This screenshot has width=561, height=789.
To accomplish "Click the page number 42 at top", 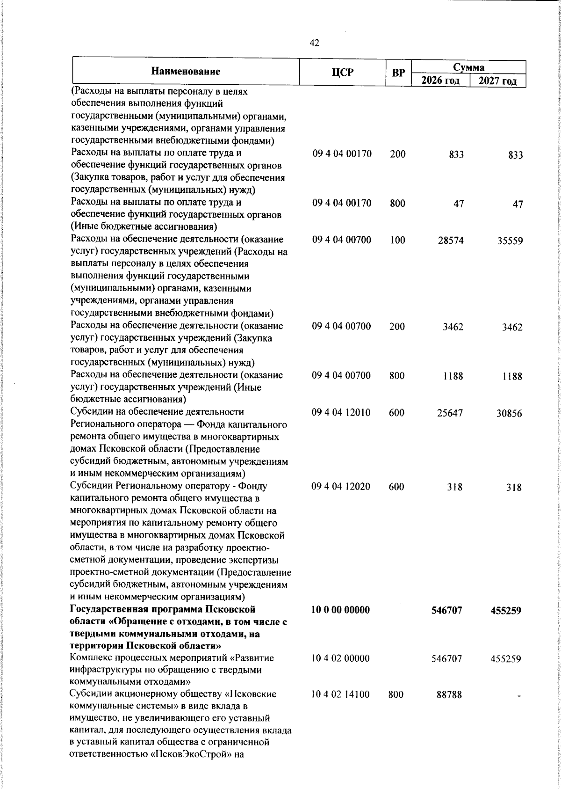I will click(315, 43).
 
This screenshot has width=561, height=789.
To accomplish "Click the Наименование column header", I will click(186, 72).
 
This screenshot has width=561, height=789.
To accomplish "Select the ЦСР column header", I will click(343, 72).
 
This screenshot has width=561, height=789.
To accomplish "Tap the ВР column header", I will click(398, 73).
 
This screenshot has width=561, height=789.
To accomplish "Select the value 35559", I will click(509, 241).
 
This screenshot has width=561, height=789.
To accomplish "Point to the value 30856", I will click(509, 414).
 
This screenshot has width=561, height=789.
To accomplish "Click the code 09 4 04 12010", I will click(341, 413).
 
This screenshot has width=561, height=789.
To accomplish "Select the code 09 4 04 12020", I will click(341, 487).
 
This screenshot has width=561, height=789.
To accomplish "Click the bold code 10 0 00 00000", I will click(341, 609).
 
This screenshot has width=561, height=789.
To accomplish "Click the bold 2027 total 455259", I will click(506, 610).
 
